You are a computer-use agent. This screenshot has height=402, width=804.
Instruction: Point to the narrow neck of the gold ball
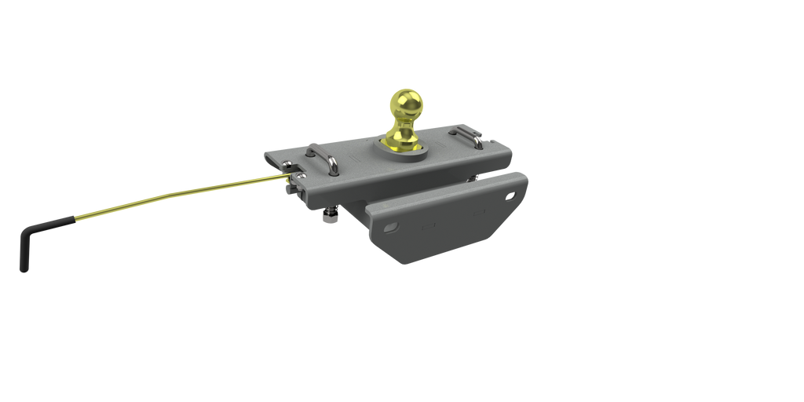coord(404,126)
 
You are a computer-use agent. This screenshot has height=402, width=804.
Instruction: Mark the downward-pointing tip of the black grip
coord(22,269)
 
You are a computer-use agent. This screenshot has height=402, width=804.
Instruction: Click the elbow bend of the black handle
coord(26,228)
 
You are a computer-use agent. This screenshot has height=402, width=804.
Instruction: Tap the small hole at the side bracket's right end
coord(513,195)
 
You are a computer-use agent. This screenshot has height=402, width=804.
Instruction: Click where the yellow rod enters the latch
coord(289,178)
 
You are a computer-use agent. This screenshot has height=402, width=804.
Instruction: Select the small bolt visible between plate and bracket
coord(473,179)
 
